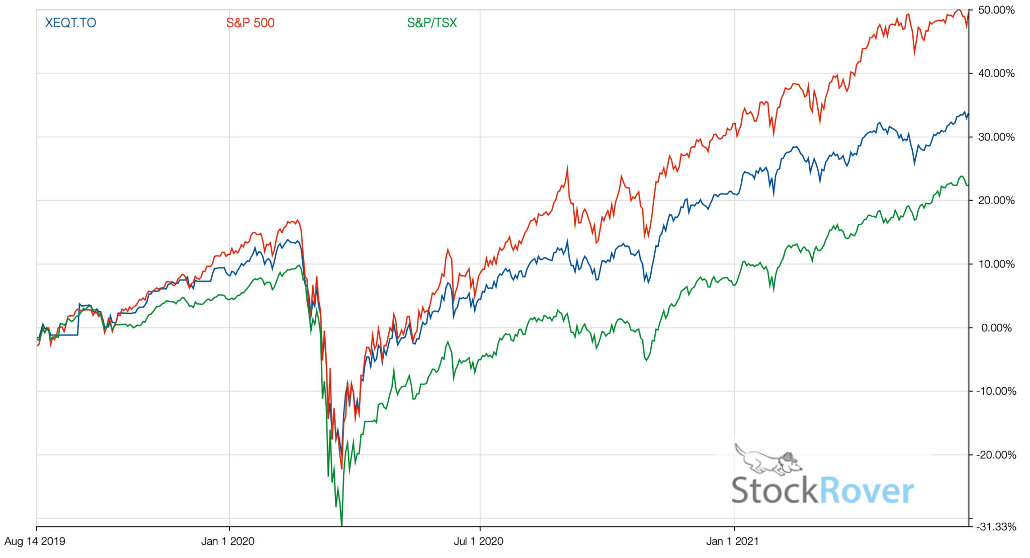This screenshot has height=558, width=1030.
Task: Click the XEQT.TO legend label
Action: click(x=70, y=23)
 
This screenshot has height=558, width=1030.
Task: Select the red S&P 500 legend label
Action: click(x=250, y=23)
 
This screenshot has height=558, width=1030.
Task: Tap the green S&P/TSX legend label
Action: click(x=432, y=23)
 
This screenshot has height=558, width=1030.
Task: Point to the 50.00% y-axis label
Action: click(x=996, y=10)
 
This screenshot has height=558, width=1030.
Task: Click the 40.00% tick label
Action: click(x=996, y=73)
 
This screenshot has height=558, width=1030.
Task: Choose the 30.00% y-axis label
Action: click(x=996, y=137)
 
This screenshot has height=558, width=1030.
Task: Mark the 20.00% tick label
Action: click(x=996, y=201)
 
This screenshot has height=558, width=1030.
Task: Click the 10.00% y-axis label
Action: click(x=996, y=264)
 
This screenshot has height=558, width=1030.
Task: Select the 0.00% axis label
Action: click(x=996, y=328)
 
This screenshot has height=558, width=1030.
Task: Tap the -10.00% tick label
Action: click(x=996, y=391)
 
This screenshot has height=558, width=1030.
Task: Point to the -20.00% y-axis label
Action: click(x=996, y=455)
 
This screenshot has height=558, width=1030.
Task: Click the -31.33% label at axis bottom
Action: click(x=996, y=527)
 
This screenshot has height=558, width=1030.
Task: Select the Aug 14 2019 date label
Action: click(x=35, y=541)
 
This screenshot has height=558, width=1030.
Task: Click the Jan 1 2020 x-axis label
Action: click(x=228, y=541)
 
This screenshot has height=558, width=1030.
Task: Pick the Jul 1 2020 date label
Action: click(x=478, y=541)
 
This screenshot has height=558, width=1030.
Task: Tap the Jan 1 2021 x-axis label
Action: click(x=732, y=541)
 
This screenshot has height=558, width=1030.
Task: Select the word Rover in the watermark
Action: click(x=867, y=491)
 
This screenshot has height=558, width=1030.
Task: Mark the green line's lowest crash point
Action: click(x=341, y=525)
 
